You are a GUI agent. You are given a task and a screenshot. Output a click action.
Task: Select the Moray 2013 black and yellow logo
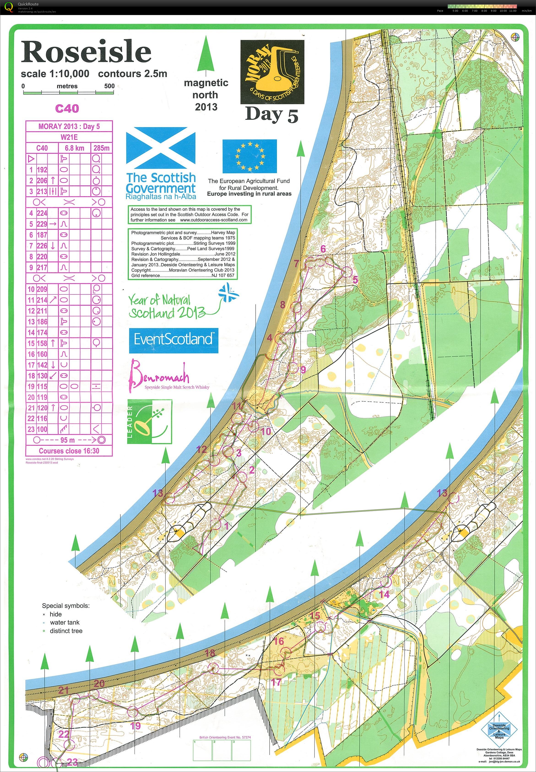tap(272, 72)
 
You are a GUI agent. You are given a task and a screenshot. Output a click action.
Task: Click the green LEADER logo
tap(149, 421)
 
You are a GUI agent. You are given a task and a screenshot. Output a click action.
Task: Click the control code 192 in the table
tap(42, 170)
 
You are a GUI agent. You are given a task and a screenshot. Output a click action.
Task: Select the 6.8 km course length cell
tap(75, 148)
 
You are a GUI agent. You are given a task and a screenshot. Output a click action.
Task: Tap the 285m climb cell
tap(101, 148)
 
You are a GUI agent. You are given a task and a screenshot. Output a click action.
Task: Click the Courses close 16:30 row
tap(69, 451)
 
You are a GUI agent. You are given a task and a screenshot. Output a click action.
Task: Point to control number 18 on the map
tap(210, 653)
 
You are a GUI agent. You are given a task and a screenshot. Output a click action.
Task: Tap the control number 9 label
tap(303, 370)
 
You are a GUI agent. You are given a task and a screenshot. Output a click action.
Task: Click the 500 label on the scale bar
tap(109, 86)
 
